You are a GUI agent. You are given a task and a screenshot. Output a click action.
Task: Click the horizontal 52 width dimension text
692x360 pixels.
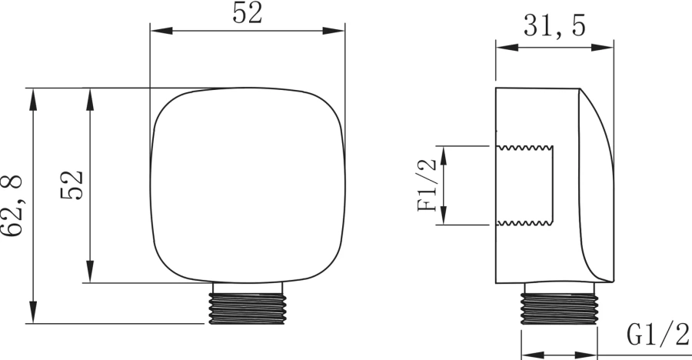247,13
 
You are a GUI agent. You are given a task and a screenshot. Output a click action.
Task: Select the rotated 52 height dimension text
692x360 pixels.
72,185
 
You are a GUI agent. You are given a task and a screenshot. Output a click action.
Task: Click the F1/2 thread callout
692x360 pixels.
426,185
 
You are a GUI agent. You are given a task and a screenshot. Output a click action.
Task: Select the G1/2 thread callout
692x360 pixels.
657,335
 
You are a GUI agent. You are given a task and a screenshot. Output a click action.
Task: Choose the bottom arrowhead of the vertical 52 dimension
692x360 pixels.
90,272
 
